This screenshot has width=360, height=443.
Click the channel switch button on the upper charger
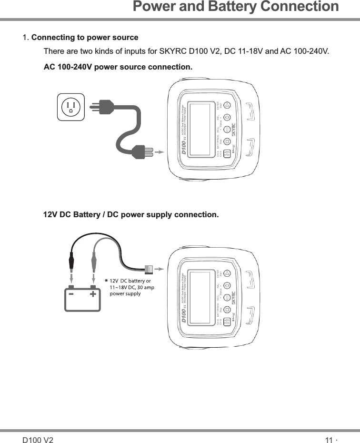pos(227,153)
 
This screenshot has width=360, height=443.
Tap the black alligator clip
pos(71,262)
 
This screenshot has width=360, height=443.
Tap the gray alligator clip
pos(92,262)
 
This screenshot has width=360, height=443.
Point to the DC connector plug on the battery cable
pos(148,270)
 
